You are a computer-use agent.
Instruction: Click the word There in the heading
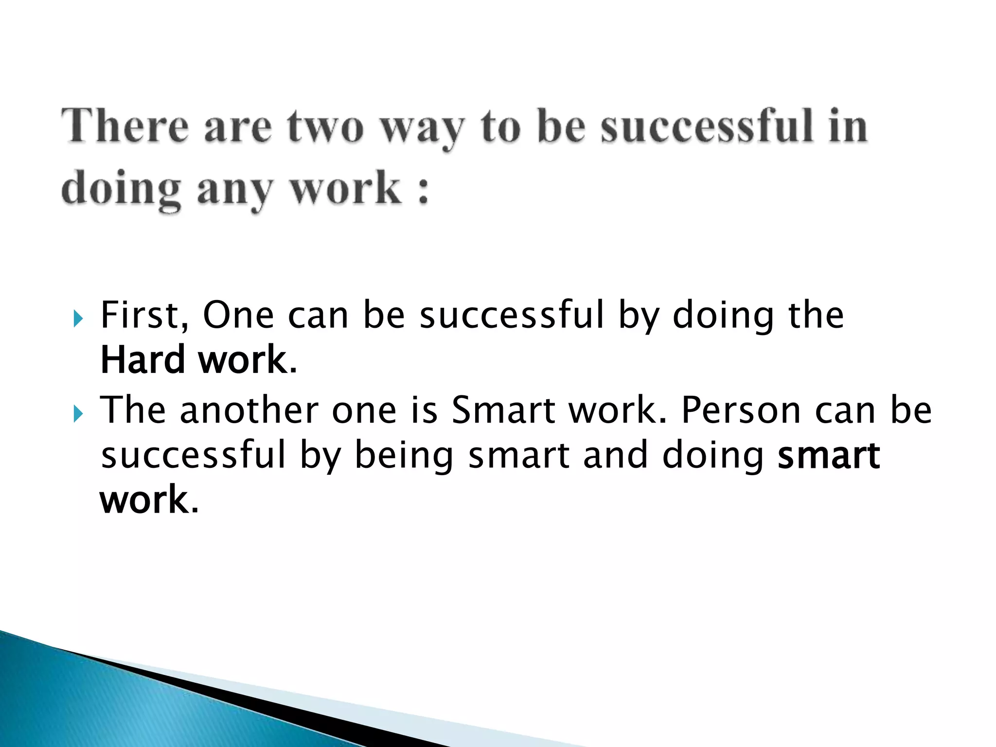pos(124,126)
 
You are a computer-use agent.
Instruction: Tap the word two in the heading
pos(325,126)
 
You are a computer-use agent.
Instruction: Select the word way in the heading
pos(422,129)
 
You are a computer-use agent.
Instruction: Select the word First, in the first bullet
pos(144,316)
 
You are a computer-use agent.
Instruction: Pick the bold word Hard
pos(142,360)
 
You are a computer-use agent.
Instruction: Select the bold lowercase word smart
pos(828,455)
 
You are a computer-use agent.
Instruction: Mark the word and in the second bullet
pos(615,455)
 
